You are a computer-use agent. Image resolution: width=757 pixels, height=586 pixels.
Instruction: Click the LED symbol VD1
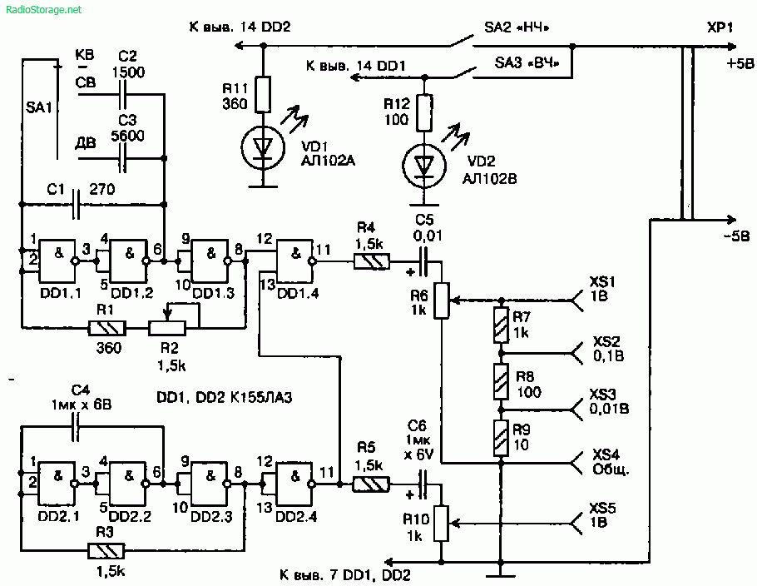coord(263,146)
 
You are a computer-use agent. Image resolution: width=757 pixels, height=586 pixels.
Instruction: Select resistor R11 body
coord(263,94)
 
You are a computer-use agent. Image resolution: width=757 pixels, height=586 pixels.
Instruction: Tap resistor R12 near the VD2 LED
coord(424,112)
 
